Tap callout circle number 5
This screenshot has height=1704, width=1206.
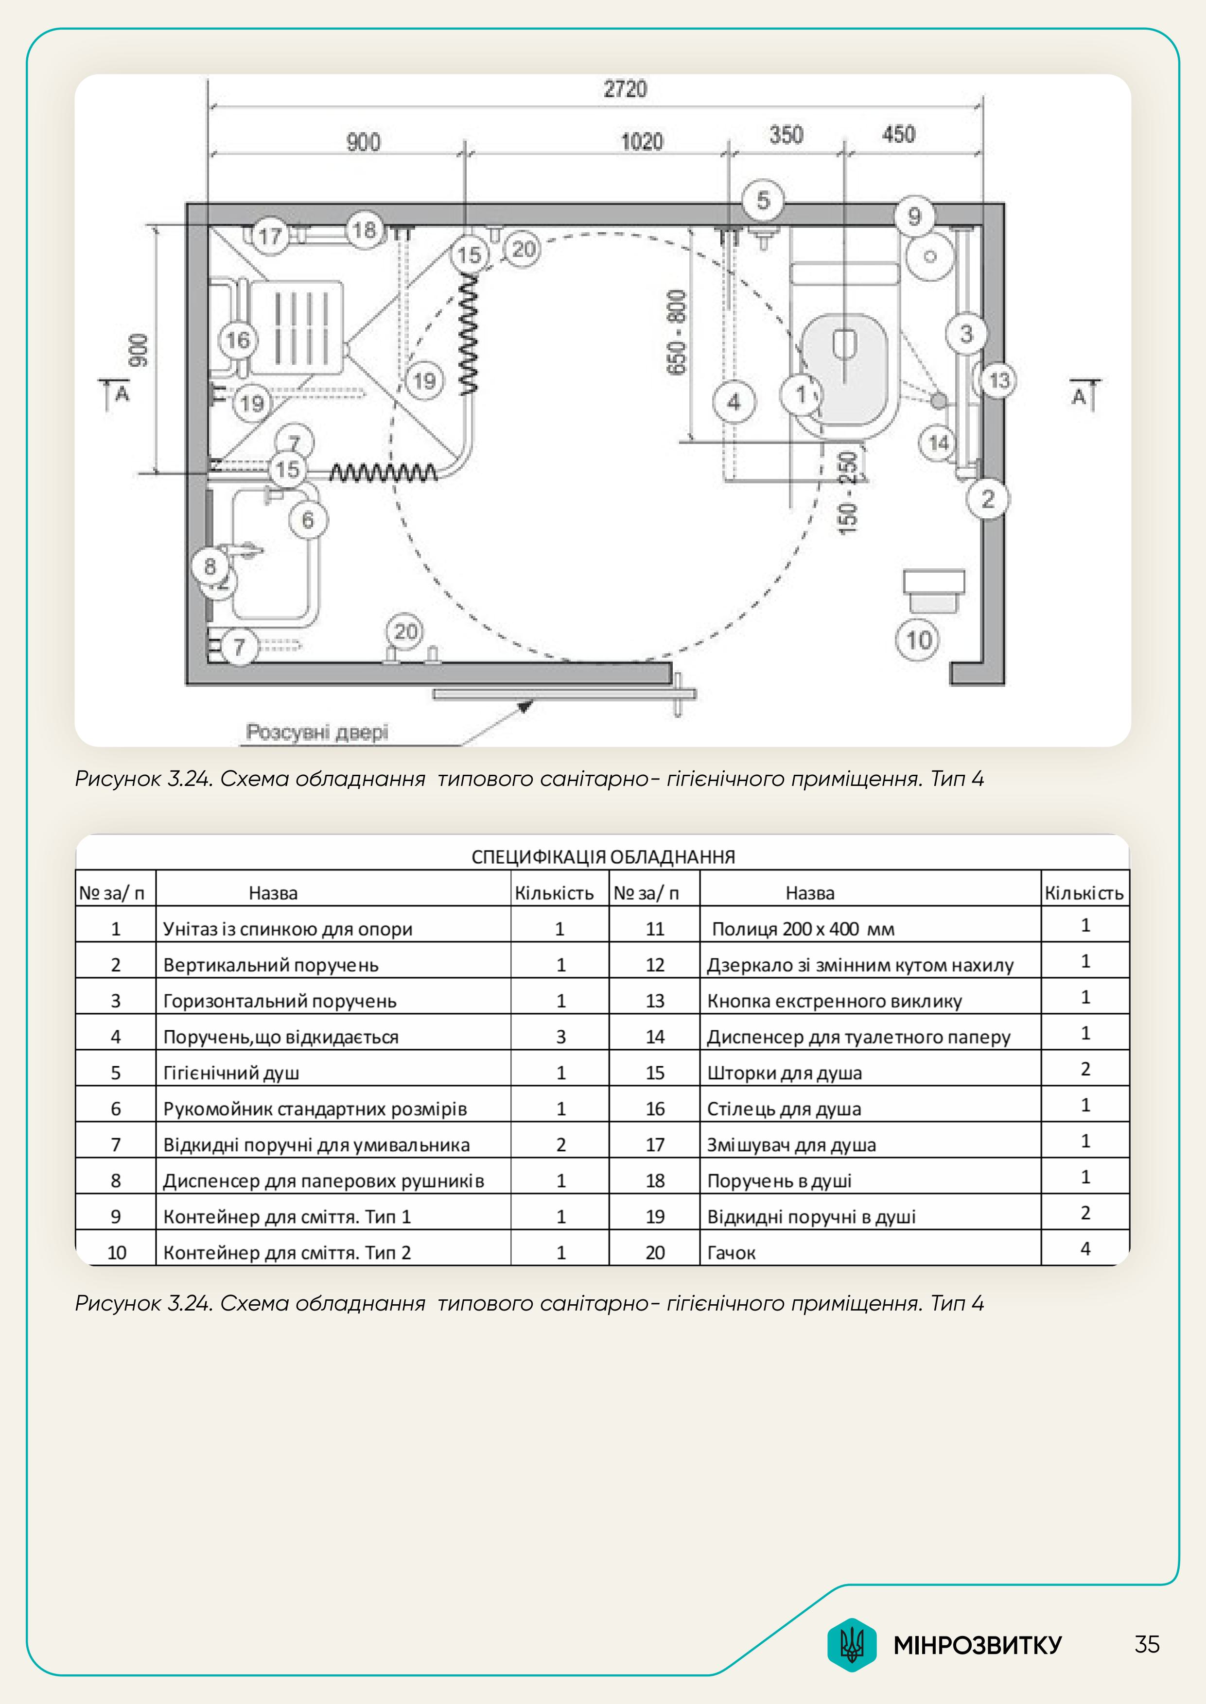tap(763, 201)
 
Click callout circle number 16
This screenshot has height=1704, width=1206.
tap(238, 341)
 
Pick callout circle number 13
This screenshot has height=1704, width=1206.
tap(999, 381)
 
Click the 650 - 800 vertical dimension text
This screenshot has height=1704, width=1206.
tap(677, 332)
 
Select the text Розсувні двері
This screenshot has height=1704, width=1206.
tap(317, 733)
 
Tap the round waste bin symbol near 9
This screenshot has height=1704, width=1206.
tap(929, 257)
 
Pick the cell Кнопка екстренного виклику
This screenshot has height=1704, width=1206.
tap(834, 1001)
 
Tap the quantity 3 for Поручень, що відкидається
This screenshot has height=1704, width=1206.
tap(560, 1037)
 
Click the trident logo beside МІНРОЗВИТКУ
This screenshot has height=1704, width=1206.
tap(852, 1645)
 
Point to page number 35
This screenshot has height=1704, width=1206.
tap(1147, 1645)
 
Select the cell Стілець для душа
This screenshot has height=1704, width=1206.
tap(784, 1109)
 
